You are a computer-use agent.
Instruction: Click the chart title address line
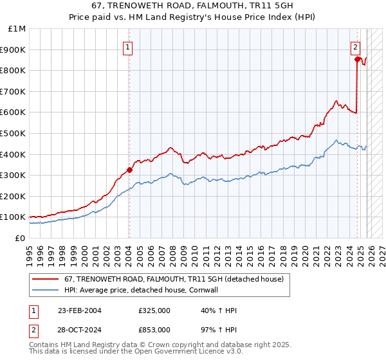(x=193, y=6)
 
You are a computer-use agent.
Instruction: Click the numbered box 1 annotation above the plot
(x=129, y=47)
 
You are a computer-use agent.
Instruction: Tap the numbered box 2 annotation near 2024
(x=355, y=47)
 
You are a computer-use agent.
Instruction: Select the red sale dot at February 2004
(x=129, y=170)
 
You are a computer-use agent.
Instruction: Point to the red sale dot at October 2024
(x=357, y=59)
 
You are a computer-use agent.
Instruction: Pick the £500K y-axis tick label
(x=14, y=133)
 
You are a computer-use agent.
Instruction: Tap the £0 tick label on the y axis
(x=19, y=238)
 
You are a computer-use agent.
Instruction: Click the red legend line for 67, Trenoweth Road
(x=45, y=279)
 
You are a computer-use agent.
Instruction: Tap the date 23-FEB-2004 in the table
(x=80, y=311)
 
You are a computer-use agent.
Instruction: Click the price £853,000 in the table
(x=154, y=329)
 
